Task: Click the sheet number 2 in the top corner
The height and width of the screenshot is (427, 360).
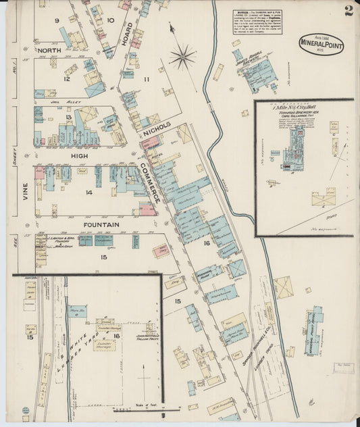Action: [x=348, y=10]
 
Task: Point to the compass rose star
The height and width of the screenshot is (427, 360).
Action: [x=182, y=57]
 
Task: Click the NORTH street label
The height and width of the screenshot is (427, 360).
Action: [x=49, y=51]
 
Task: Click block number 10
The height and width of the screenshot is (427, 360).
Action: [x=110, y=21]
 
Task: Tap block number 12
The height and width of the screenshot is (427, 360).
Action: [x=67, y=78]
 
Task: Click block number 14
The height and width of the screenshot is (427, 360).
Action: [x=88, y=193]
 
